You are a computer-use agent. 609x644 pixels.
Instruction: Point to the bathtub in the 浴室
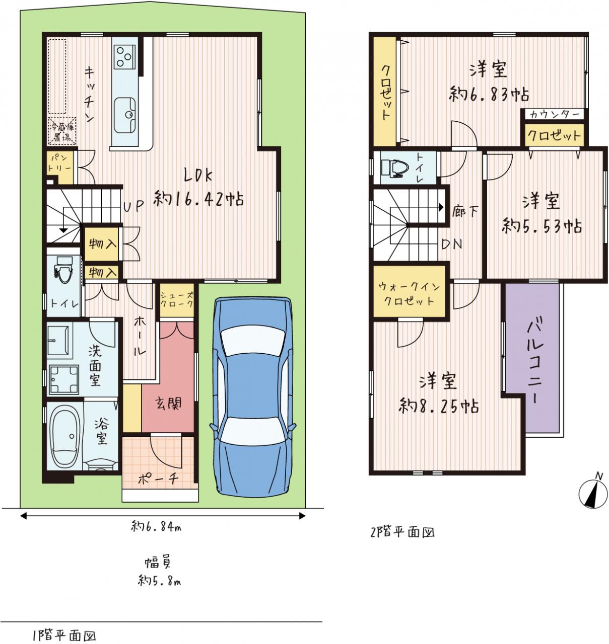(65, 436)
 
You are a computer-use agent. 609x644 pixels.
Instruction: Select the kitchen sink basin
(125, 115)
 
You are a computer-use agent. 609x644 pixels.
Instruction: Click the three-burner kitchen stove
(124, 56)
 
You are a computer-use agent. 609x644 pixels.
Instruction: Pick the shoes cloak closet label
(177, 299)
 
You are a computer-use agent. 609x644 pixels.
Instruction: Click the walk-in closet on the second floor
(409, 292)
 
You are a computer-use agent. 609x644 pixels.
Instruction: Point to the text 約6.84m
(156, 527)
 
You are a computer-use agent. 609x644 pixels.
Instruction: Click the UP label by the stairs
(134, 206)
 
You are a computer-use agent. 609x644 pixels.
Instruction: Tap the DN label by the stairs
(452, 244)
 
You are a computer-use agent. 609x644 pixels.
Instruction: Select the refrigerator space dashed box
(62, 131)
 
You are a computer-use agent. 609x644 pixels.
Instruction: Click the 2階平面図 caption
(402, 532)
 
